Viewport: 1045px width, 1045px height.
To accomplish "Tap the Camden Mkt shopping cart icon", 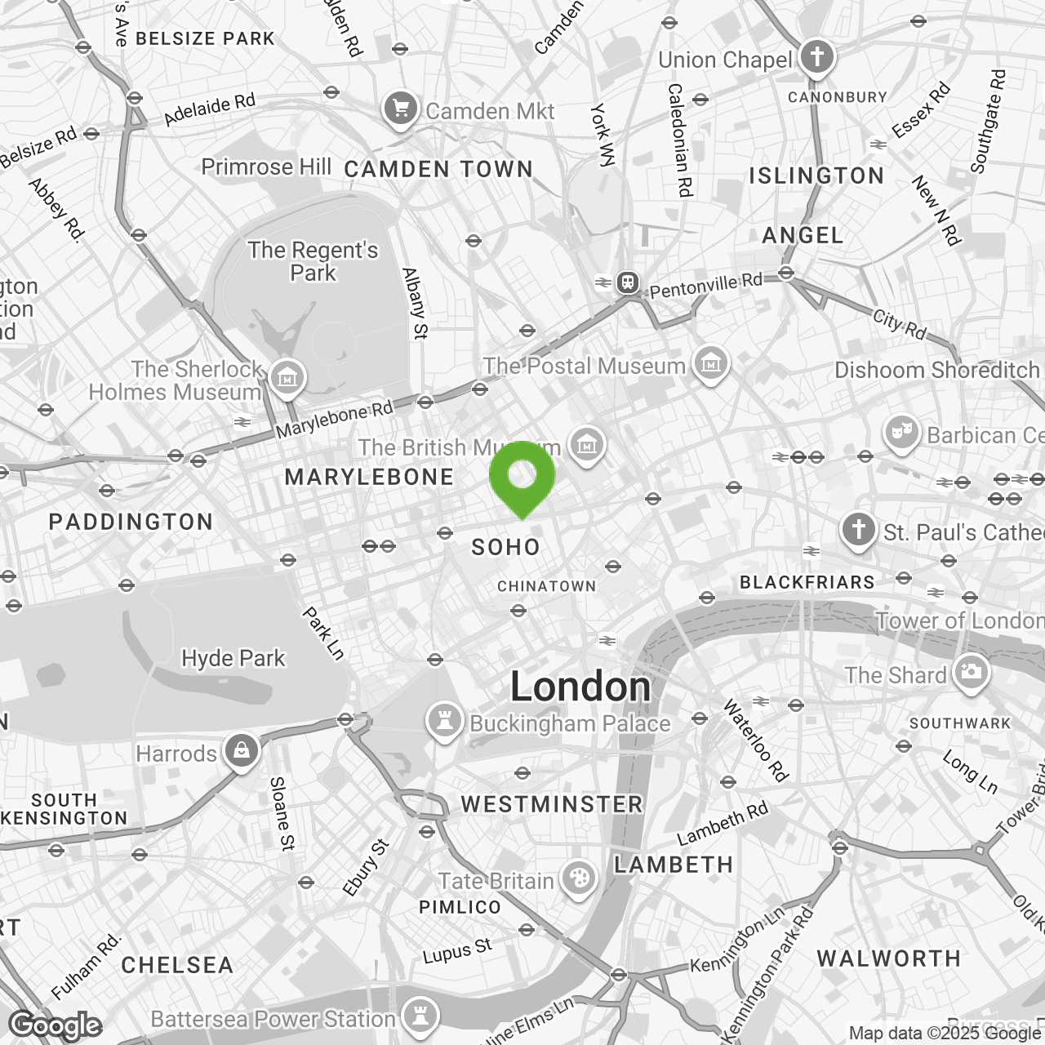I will (x=400, y=109).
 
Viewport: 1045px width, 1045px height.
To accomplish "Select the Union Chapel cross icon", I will (x=816, y=58).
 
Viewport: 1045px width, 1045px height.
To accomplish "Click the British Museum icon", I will (x=586, y=446).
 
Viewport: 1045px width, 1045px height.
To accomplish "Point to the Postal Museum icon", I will (x=709, y=364).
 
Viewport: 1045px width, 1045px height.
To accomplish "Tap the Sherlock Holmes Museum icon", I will (x=287, y=379).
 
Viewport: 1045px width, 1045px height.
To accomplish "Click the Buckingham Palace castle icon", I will (x=444, y=722).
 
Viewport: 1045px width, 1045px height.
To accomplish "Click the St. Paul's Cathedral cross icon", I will (x=858, y=530).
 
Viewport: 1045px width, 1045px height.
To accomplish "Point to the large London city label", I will (x=580, y=687).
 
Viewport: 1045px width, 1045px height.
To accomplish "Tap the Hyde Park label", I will (x=233, y=658).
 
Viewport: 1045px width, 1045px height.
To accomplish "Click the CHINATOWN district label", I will (x=546, y=586).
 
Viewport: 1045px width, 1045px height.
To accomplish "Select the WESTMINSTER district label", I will (x=552, y=804).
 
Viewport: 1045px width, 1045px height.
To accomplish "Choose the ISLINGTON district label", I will (x=816, y=176).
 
